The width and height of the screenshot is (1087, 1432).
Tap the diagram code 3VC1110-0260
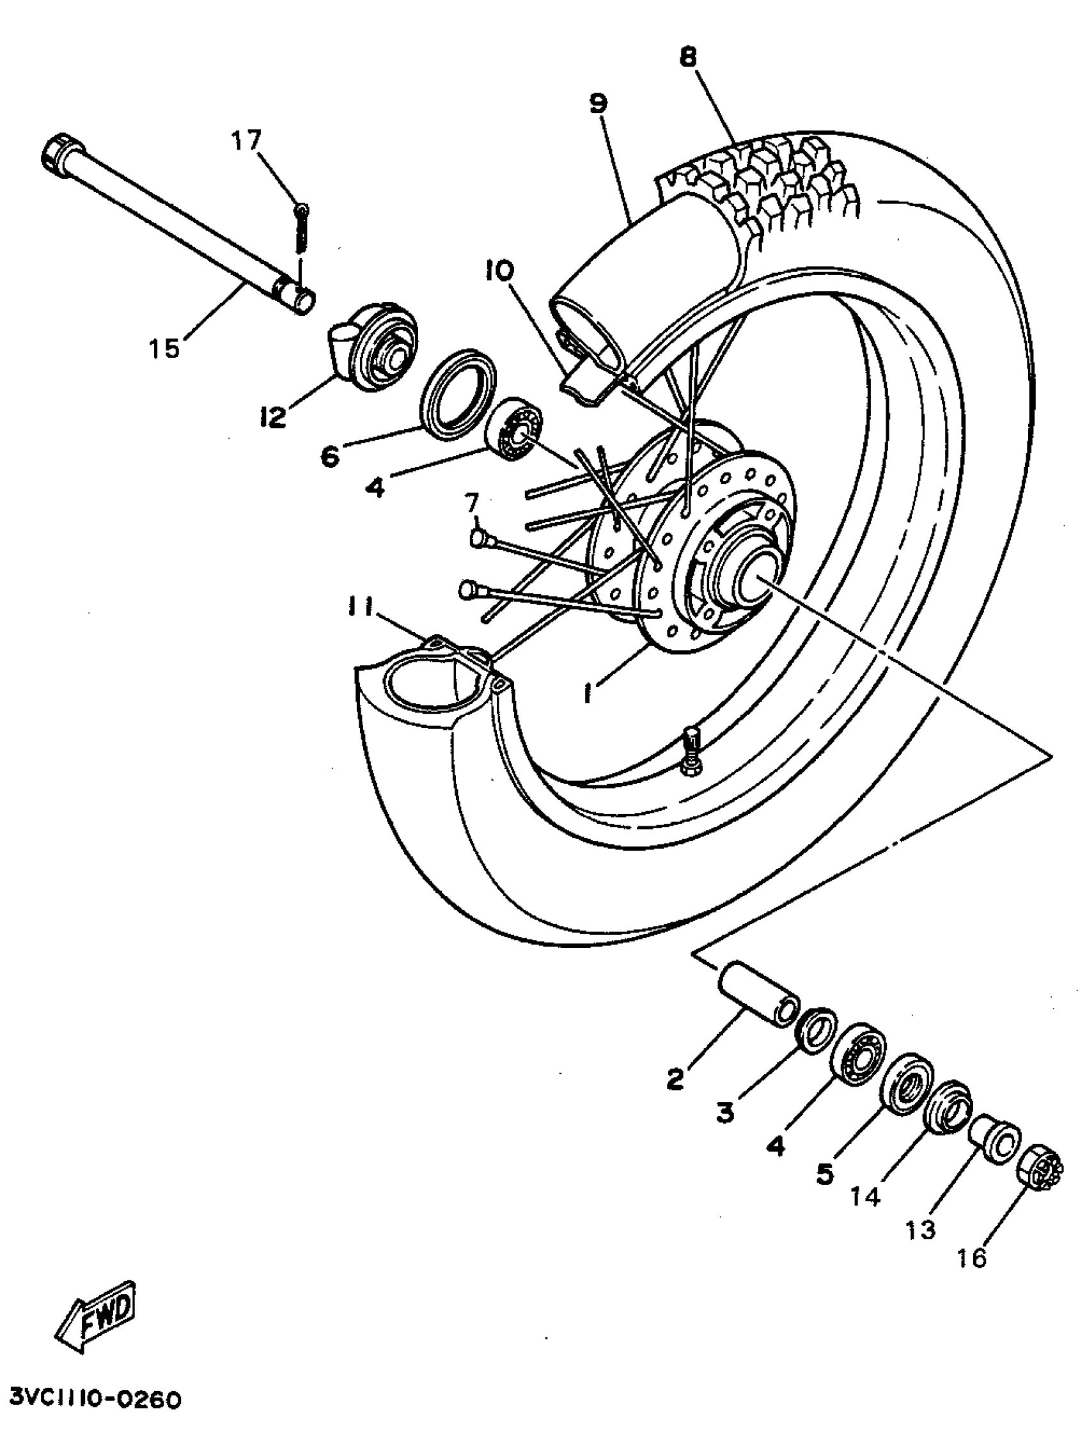(95, 1401)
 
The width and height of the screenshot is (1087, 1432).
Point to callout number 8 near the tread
(688, 58)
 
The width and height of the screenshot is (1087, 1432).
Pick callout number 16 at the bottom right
(971, 1257)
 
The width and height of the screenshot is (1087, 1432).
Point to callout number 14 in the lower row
(866, 1197)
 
